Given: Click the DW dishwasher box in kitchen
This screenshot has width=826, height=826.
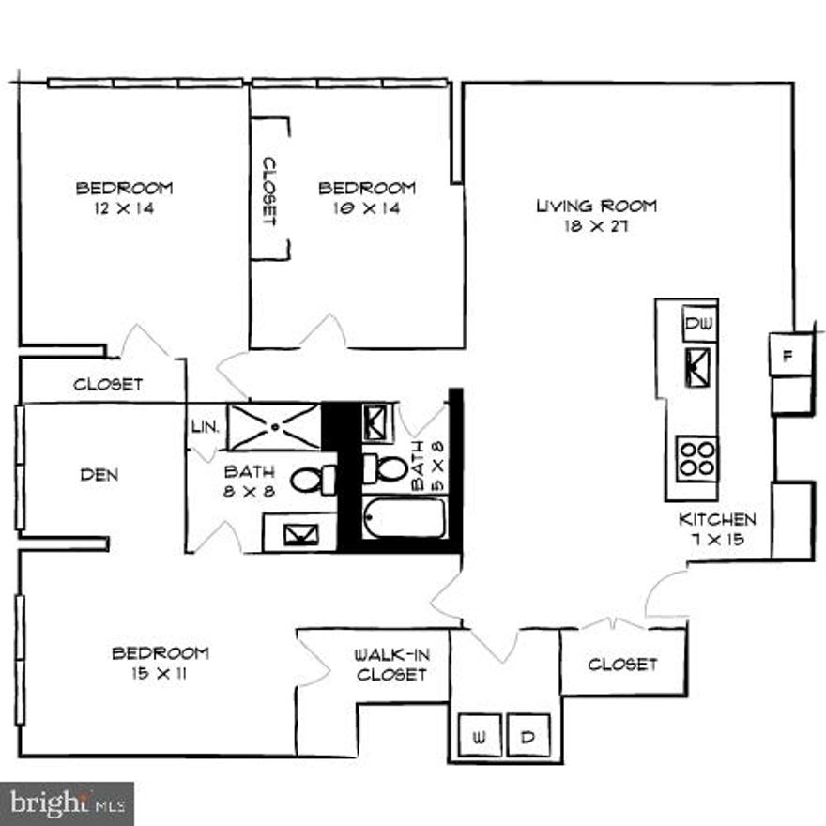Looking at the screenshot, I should click(x=699, y=324).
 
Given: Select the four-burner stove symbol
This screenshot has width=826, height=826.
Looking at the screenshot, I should click(x=697, y=459).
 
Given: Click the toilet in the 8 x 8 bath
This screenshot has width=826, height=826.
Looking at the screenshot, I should click(x=314, y=480).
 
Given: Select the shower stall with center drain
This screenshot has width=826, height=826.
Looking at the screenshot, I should click(x=274, y=426).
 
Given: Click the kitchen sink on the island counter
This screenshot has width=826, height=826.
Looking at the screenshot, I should click(x=699, y=364).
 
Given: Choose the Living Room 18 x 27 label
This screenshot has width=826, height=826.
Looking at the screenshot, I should click(x=596, y=216).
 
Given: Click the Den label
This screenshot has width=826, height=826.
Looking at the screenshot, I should click(x=99, y=475).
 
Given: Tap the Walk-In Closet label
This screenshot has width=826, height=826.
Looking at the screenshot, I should click(x=391, y=665).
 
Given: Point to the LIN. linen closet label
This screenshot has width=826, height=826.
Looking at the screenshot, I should click(x=205, y=426).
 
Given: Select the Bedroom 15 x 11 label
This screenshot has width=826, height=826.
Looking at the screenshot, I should click(x=160, y=663).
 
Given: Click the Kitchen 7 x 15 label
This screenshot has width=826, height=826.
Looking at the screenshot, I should click(x=718, y=529).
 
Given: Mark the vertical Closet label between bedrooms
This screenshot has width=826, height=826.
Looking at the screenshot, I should click(x=269, y=191).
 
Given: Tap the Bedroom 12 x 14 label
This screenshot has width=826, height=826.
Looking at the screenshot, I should click(x=124, y=198).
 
